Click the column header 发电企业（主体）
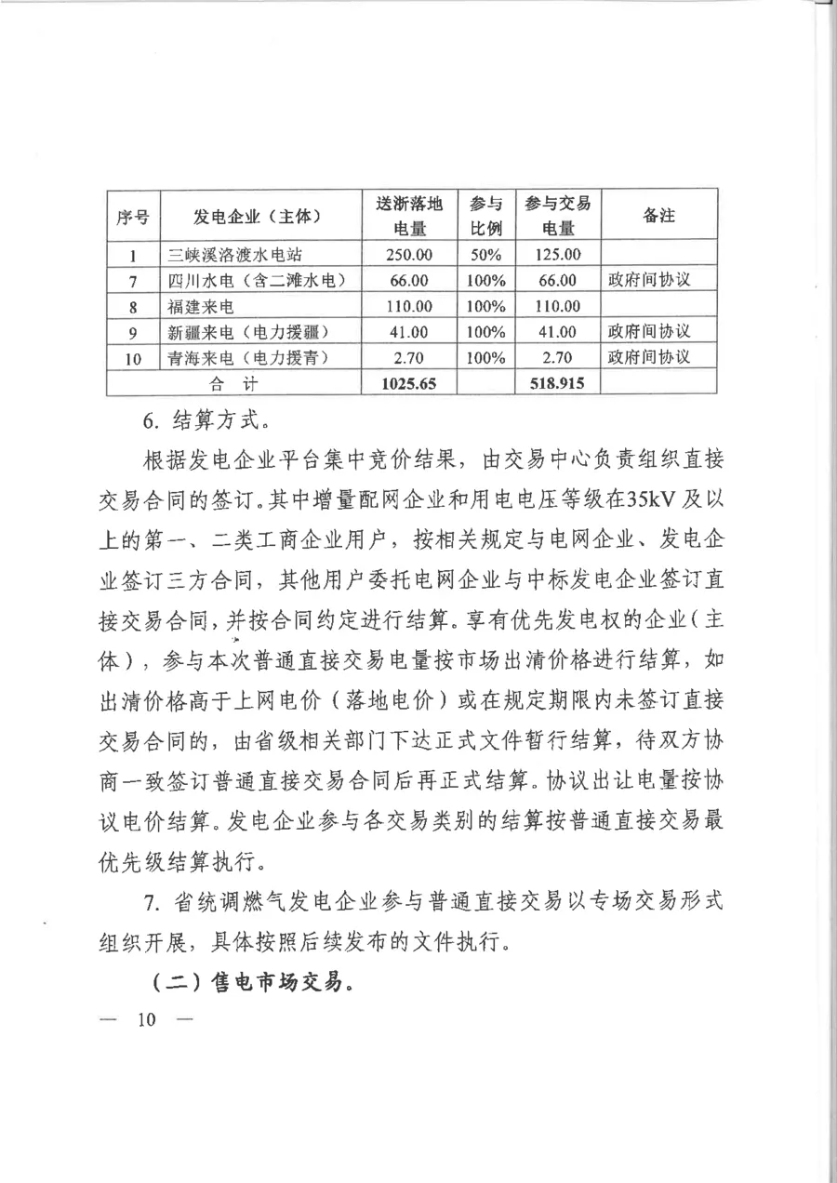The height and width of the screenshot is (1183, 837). pyautogui.click(x=258, y=217)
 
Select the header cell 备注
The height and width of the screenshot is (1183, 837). pyautogui.click(x=658, y=217)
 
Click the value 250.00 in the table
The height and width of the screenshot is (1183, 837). pyautogui.click(x=408, y=254)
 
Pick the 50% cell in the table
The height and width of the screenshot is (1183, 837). pyautogui.click(x=485, y=254)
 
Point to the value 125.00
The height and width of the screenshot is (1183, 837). pyautogui.click(x=557, y=254)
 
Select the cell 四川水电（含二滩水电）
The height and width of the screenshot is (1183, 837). pyautogui.click(x=258, y=280)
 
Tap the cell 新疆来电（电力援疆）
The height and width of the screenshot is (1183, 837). pyautogui.click(x=250, y=331)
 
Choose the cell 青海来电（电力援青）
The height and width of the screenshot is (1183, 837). pyautogui.click(x=250, y=356)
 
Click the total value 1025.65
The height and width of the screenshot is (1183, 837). pyautogui.click(x=408, y=382)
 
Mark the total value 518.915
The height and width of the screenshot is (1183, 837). pyautogui.click(x=557, y=382)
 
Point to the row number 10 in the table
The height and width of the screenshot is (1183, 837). pyautogui.click(x=133, y=357)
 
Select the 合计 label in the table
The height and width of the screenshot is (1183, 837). pyautogui.click(x=232, y=382)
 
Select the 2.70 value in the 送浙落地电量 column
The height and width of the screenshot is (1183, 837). pyautogui.click(x=408, y=357)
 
